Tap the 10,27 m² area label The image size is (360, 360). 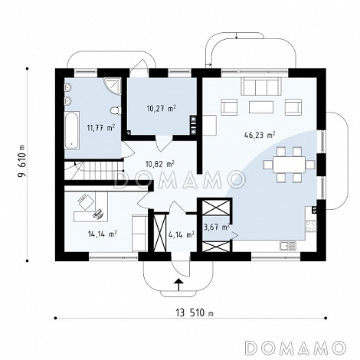pos(161,109)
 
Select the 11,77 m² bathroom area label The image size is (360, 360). pos(100,127)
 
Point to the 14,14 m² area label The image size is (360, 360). pos(103,234)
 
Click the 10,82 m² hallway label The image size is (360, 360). pos(160,163)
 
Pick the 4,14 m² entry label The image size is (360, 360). pos(182,234)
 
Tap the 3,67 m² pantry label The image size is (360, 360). pos(217,227)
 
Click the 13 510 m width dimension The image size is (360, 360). pos(195,313)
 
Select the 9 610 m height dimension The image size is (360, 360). pos(22,161)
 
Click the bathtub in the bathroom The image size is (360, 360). pos(72,130)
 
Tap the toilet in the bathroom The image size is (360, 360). pos(116,110)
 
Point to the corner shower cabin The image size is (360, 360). pos(113,86)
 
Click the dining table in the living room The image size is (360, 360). pos(290,165)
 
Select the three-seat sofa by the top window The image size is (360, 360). pos(261,86)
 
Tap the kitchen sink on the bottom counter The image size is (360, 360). pos(288,245)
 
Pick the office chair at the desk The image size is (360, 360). pos(86,201)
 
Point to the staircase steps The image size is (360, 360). pos(93,171)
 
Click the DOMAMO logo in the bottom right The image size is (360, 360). pos(296,347)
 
